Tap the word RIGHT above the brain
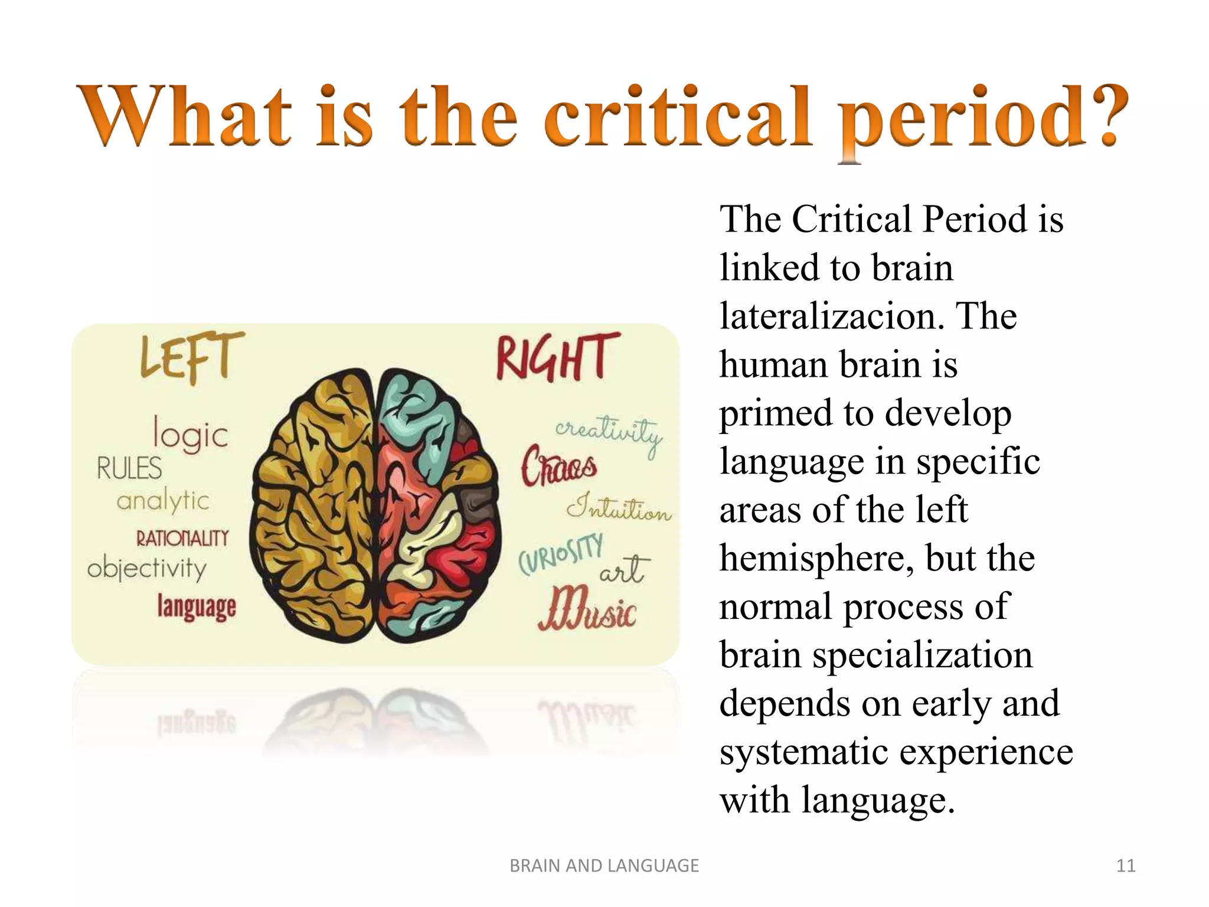[x=557, y=357]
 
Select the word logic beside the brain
[x=190, y=435]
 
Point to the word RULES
[x=129, y=469]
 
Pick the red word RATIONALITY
[x=182, y=539]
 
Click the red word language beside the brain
[x=197, y=607]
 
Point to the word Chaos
[x=558, y=466]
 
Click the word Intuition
[x=619, y=508]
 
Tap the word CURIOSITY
[x=560, y=553]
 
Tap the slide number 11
[x=1126, y=866]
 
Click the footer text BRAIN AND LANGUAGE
[x=604, y=866]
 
